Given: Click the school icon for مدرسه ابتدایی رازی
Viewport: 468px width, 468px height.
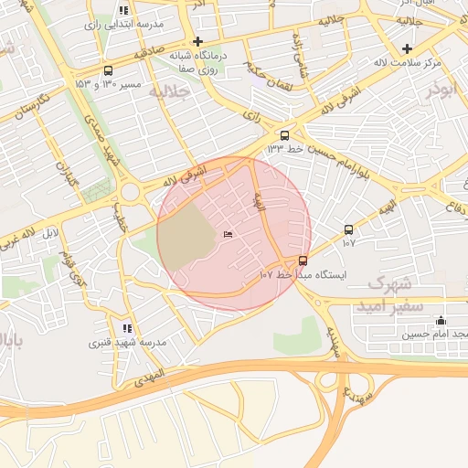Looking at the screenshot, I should [x=123, y=11].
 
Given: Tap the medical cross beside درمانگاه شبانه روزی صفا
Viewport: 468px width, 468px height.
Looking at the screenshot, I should [x=198, y=41].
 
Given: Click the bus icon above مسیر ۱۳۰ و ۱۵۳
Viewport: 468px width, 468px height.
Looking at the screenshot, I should [x=109, y=70].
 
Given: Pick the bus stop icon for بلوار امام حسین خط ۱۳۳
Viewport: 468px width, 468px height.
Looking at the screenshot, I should [x=285, y=133].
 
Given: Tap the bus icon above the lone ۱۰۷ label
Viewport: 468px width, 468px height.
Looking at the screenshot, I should [x=348, y=229].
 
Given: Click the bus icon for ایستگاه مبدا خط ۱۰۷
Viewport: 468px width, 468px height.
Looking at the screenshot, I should [x=303, y=261].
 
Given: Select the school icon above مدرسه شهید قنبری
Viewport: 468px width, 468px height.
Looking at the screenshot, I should [x=126, y=328].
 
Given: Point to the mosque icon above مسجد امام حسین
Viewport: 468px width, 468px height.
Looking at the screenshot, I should [x=441, y=320].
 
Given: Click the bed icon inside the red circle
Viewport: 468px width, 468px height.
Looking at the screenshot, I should [x=228, y=236].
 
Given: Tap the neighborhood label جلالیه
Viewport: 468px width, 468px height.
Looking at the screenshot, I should [x=174, y=92].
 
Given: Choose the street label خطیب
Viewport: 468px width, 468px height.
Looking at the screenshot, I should [x=120, y=219].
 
